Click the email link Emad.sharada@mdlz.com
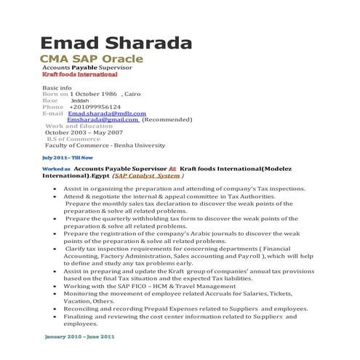pyautogui.click(x=107, y=113)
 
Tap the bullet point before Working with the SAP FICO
pyautogui.click(x=57, y=286)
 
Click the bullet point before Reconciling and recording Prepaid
pyautogui.click(x=57, y=308)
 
